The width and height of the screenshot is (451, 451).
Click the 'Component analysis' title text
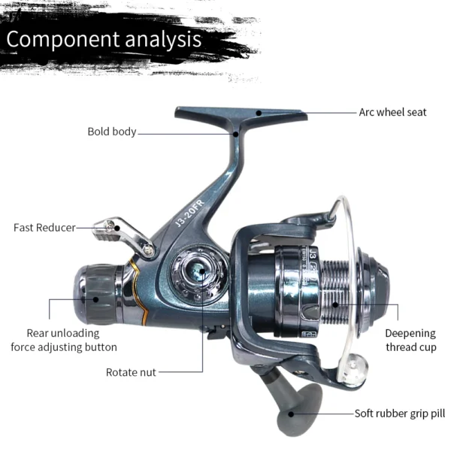click(x=104, y=38)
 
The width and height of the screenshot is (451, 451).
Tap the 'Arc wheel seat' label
click(x=392, y=113)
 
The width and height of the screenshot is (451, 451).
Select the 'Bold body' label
click(x=112, y=132)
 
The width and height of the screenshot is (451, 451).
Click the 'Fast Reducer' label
click(x=44, y=227)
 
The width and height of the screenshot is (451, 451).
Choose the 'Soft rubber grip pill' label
click(x=400, y=413)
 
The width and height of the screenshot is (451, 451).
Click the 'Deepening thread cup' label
click(x=410, y=340)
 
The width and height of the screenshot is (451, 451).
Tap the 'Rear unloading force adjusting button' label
click(x=63, y=340)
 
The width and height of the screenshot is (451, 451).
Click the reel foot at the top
click(x=241, y=115)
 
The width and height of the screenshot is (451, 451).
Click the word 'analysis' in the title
click(x=157, y=38)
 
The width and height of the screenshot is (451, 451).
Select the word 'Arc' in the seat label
click(x=367, y=113)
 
